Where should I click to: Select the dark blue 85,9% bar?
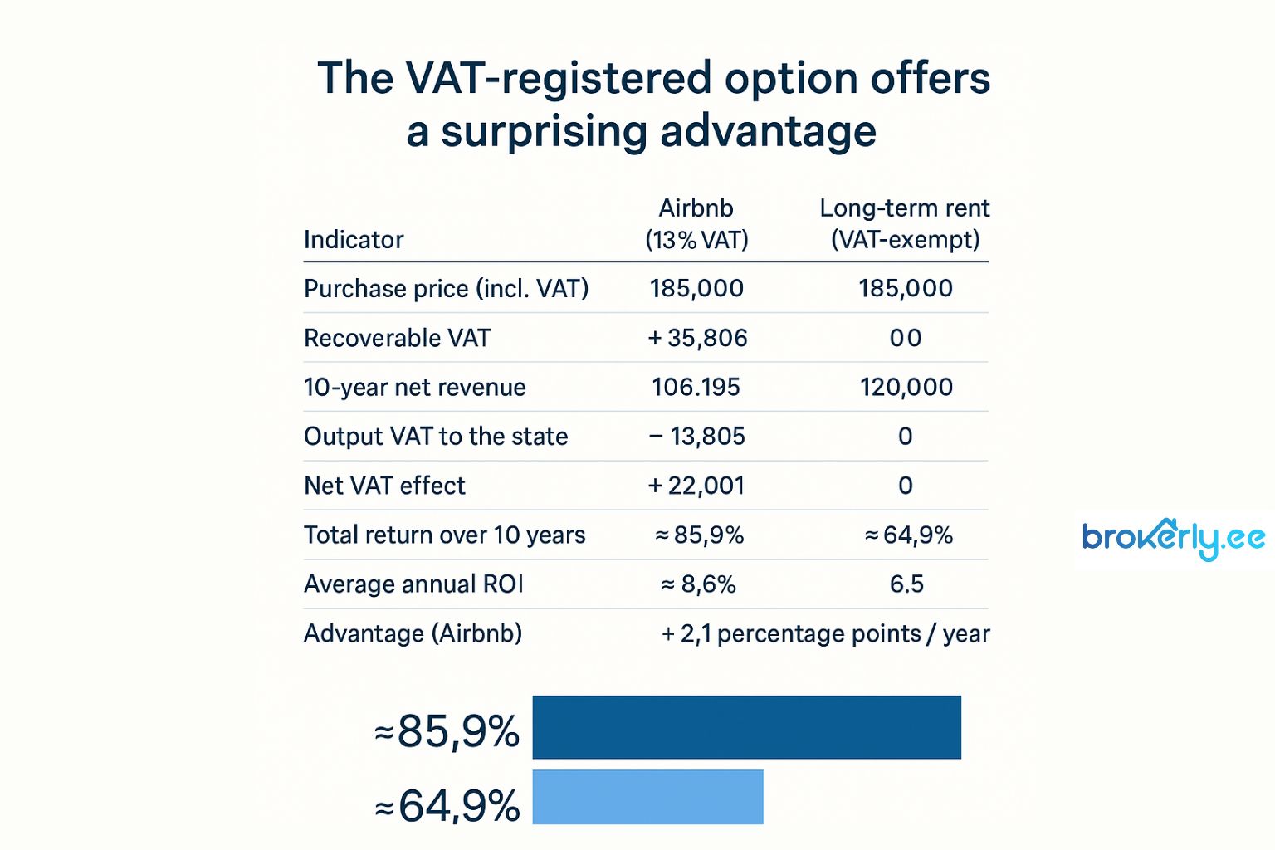coord(746,727)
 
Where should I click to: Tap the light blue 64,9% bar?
coord(647,797)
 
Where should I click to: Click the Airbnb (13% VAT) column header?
coord(696,223)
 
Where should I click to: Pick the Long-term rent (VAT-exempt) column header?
coord(905,223)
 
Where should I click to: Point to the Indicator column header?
coord(354,240)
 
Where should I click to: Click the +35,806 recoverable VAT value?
coord(697,338)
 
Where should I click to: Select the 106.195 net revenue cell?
coord(696,387)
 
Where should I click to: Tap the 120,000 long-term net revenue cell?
coord(906,387)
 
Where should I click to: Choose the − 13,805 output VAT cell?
coord(696,436)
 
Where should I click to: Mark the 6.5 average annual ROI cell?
coord(906,584)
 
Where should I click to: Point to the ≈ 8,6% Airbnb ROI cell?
coord(697,584)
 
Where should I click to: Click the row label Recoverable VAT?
coord(397,338)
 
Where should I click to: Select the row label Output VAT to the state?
coord(436,436)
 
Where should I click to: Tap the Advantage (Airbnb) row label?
coord(413,633)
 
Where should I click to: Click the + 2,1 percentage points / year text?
coord(825,633)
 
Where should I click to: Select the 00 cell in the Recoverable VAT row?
coord(905,338)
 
